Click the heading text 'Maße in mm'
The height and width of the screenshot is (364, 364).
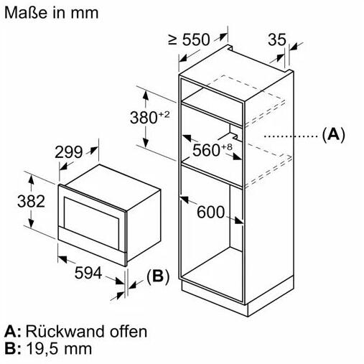[x=52, y=12]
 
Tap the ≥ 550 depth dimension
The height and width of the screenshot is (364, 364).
[x=189, y=39]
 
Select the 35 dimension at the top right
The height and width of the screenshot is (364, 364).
[x=277, y=39]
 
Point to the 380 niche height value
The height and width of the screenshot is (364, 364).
[x=144, y=118]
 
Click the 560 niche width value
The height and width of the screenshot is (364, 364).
[x=206, y=150]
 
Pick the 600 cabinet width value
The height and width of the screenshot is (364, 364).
[x=210, y=212]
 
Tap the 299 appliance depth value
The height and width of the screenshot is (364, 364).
[x=69, y=152]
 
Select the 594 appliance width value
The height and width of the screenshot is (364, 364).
[x=88, y=273]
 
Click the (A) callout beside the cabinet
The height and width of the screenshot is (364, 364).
[x=333, y=135]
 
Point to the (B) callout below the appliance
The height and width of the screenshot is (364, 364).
[x=158, y=277]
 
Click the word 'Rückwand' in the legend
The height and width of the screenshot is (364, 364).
[x=65, y=332]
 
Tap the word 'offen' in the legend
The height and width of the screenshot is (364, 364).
[x=128, y=332]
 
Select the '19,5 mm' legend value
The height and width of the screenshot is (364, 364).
[x=59, y=349]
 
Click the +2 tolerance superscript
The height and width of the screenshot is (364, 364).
[x=164, y=115]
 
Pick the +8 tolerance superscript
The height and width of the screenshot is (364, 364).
[x=226, y=146]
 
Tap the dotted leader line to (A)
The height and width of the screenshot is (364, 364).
[x=291, y=136]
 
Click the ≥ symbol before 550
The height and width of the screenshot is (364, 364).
[x=172, y=39]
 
